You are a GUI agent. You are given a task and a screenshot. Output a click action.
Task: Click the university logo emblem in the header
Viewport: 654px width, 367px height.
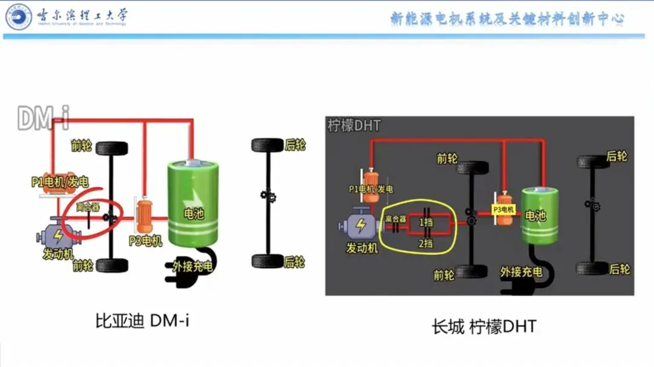coord(19,16)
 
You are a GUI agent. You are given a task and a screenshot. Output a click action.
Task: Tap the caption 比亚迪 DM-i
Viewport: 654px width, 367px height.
coord(142,320)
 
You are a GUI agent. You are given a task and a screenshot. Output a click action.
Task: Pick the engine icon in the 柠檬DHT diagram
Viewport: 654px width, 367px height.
coord(360,226)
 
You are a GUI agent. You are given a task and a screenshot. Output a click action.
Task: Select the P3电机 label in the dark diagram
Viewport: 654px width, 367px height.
coord(503,210)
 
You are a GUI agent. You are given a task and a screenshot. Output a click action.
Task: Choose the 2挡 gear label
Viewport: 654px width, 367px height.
coord(426,243)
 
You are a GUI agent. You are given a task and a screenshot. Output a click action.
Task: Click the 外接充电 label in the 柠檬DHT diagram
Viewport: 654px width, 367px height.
coord(521,272)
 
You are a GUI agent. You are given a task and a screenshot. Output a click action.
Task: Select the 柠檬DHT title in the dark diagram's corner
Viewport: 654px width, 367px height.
coord(354,125)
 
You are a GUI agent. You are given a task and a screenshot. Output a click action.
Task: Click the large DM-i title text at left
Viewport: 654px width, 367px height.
coord(42,119)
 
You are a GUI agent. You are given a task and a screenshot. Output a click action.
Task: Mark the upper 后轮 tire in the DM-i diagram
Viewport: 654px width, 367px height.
coord(267,145)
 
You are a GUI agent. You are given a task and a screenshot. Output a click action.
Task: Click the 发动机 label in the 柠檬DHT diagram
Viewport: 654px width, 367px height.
coord(362,248)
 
